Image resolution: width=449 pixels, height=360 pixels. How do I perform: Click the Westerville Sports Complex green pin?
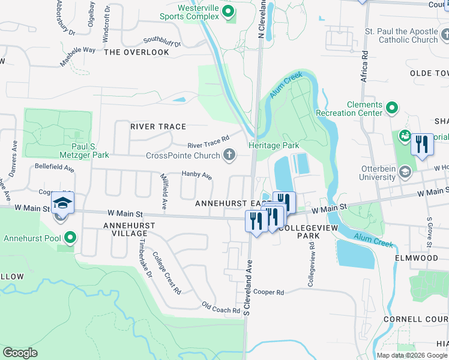tap(228, 12)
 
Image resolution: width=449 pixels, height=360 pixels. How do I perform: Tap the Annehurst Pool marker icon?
tap(70, 238)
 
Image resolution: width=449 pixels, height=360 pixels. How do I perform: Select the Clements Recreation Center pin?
tap(392, 109)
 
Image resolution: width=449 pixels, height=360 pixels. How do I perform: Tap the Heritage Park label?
tap(274, 146)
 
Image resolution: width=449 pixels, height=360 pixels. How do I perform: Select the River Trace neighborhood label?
tap(158, 127)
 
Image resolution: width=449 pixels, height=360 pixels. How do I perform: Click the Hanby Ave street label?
tap(197, 176)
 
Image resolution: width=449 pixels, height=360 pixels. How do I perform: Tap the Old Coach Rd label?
tap(220, 308)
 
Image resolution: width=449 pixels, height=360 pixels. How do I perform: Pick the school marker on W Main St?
tap(62, 203)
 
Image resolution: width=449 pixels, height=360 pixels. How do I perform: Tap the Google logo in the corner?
tap(20, 353)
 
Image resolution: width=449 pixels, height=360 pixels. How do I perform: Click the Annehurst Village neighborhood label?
tap(129, 230)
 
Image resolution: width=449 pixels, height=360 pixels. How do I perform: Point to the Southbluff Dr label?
tap(161, 43)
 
